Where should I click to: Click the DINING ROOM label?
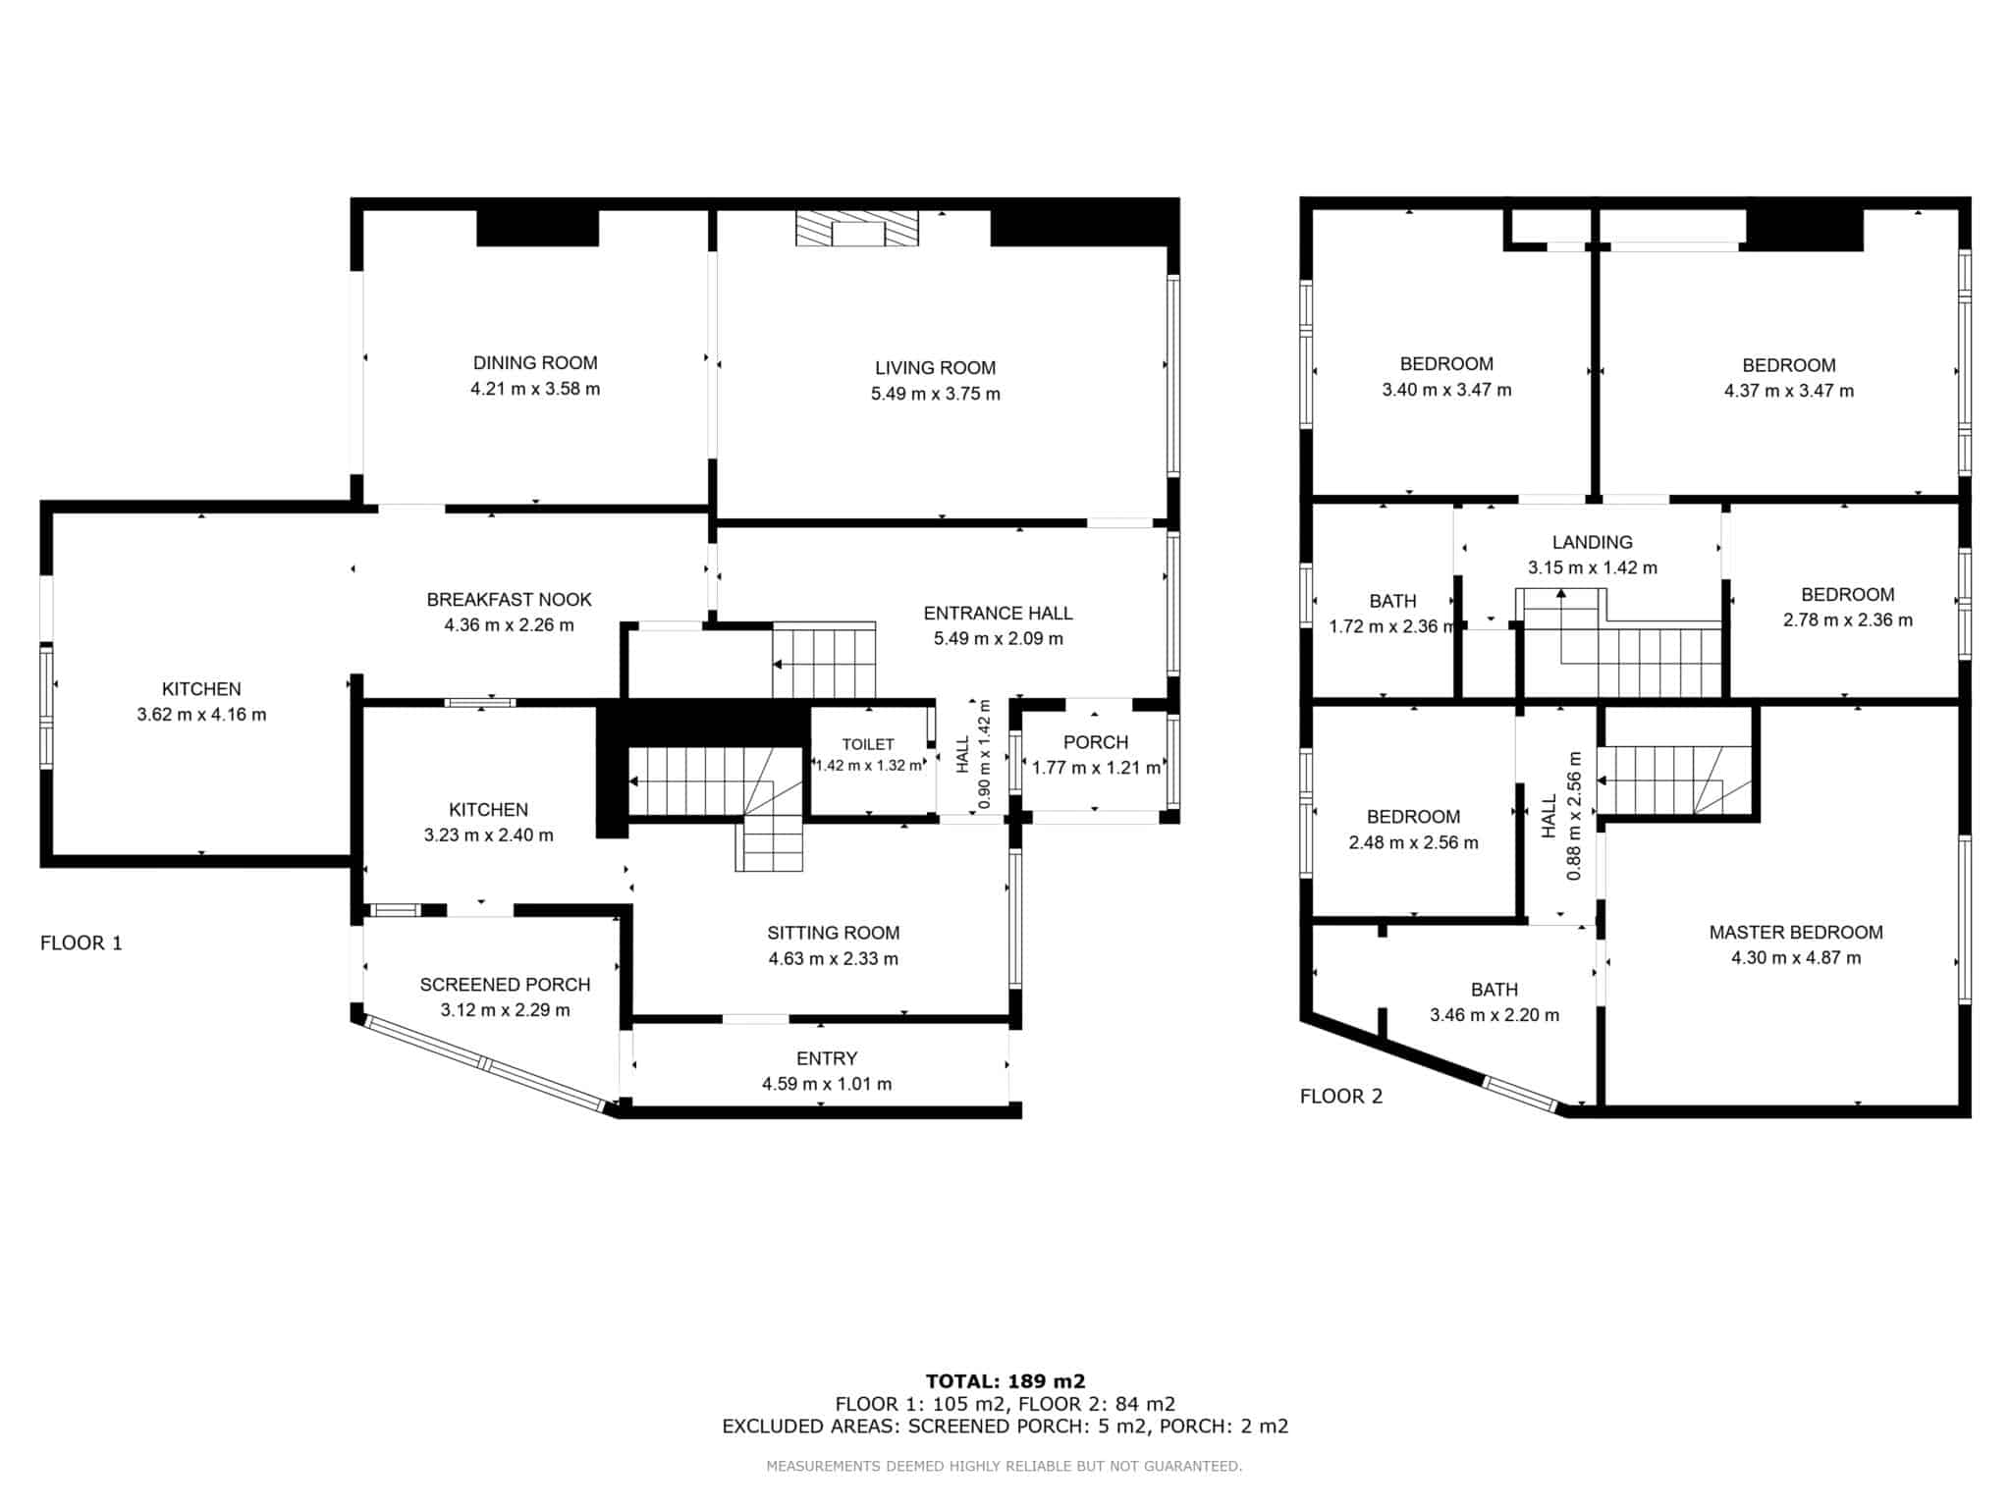(535, 363)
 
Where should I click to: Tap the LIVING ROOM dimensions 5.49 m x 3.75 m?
(936, 395)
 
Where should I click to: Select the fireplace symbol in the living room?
(857, 228)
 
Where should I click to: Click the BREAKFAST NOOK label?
(509, 600)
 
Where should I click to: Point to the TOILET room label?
(868, 745)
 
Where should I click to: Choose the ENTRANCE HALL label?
(998, 614)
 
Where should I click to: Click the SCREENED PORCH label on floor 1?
(505, 985)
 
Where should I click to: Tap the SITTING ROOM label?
(834, 934)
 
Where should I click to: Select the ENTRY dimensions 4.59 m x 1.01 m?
(827, 1085)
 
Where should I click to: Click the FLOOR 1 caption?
(82, 943)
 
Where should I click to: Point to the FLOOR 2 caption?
(1341, 1097)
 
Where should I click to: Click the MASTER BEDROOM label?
(1796, 933)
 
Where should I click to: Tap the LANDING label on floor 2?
(1593, 542)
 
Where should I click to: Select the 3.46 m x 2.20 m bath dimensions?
(1495, 1015)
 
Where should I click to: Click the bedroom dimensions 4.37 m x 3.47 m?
(1789, 391)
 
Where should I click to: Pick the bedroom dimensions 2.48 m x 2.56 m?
(1413, 842)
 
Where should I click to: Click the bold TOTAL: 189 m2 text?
(1005, 1382)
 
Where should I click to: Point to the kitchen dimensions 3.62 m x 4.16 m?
(201, 715)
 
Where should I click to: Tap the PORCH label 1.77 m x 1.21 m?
(1096, 755)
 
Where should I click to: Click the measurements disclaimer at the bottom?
(1005, 1467)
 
